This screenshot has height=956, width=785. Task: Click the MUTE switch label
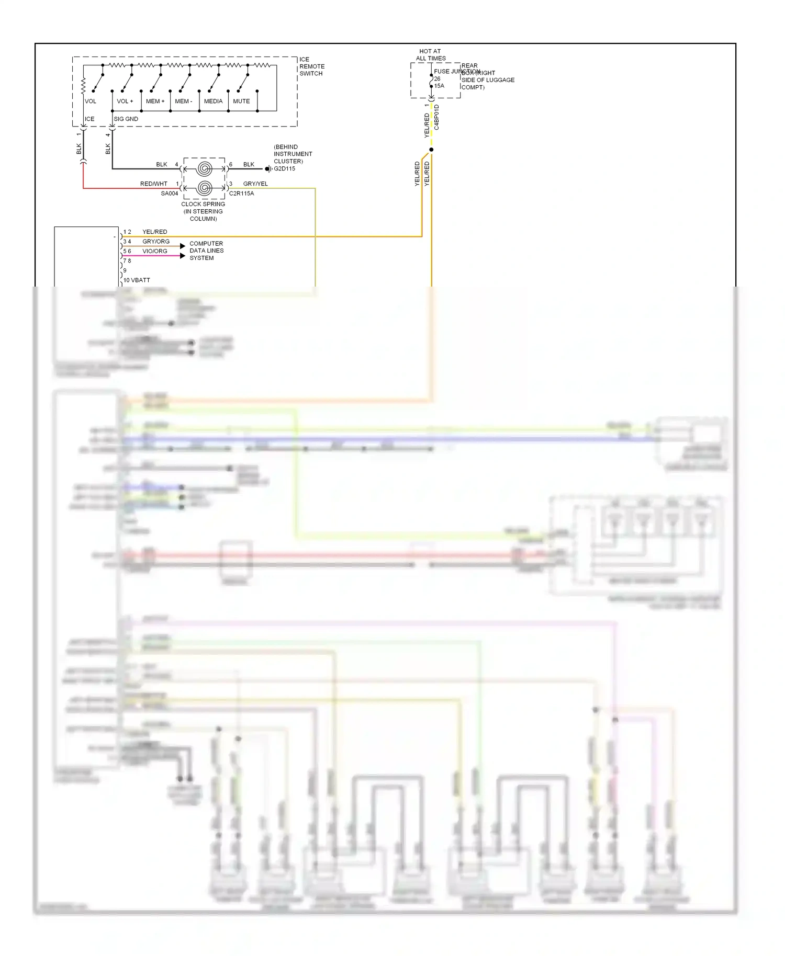coord(241,101)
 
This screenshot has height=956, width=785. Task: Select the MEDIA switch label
coord(213,101)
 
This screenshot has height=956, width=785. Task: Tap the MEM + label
coord(155,101)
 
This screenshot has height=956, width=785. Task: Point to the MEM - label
coord(184,101)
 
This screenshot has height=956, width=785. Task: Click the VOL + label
coord(125,101)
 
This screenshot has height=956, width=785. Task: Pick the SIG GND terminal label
coord(126,119)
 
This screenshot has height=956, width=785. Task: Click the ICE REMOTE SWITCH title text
coord(312,66)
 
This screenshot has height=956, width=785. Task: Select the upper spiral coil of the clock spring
coord(205,168)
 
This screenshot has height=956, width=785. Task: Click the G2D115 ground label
coord(285,169)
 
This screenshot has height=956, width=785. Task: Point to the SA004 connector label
coord(170,194)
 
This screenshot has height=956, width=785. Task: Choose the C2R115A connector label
coord(242,194)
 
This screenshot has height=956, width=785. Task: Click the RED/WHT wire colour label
coord(154,184)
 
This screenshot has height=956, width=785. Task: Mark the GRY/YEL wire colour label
coord(255,184)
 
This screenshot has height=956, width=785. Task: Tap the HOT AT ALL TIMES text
coord(431,55)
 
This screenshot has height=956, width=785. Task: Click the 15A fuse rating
coord(439,86)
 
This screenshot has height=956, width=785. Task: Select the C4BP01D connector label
coord(437,118)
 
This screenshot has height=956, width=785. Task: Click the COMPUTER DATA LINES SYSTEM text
coord(206,251)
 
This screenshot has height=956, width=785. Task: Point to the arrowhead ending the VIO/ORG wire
coord(183,256)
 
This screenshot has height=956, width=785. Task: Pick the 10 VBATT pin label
coord(137,280)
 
